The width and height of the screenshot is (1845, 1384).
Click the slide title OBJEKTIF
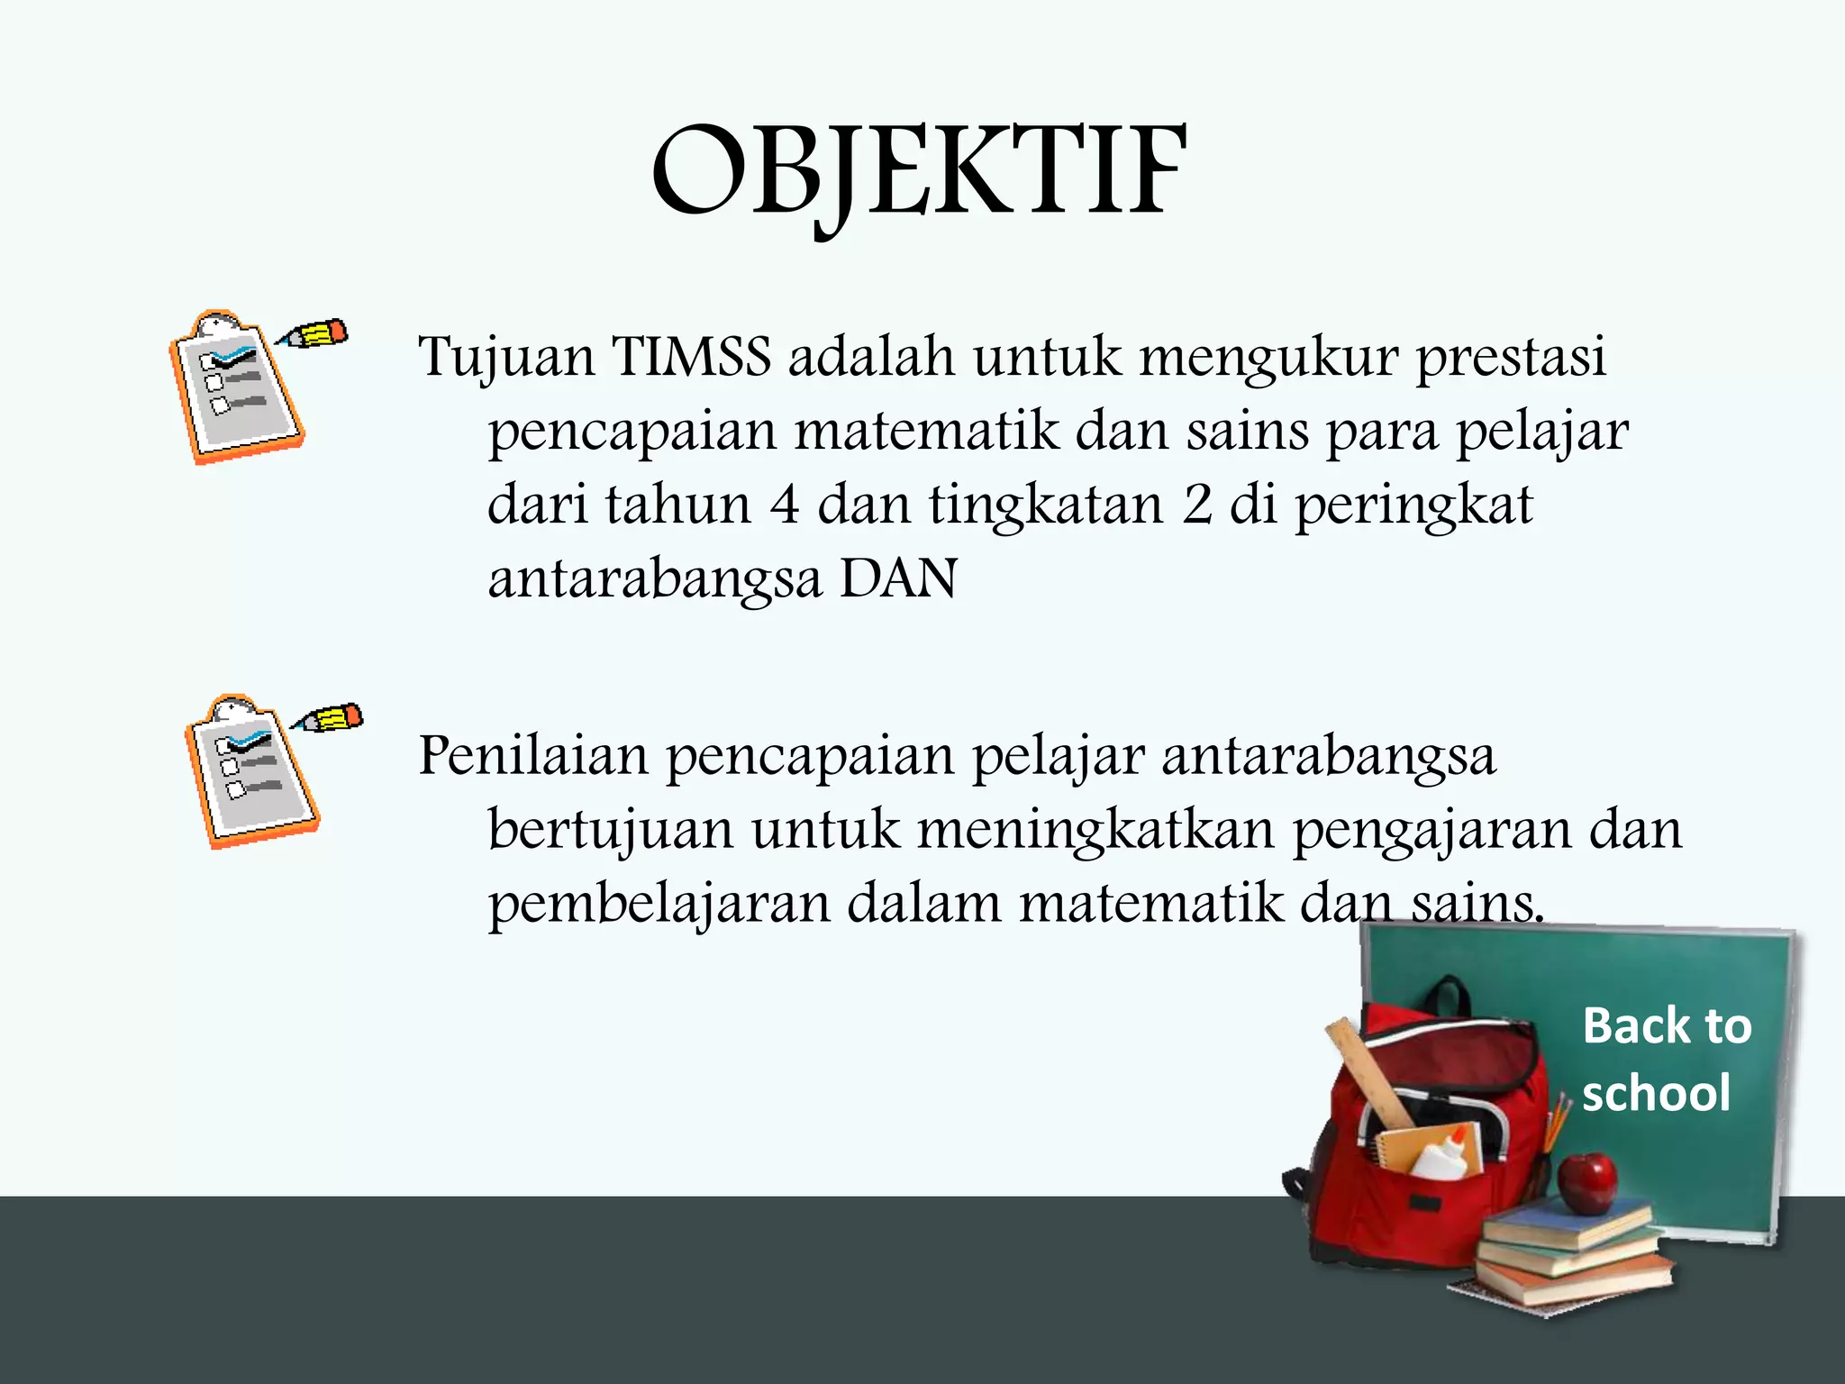pos(919,173)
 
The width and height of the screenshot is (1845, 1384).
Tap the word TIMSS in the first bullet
pos(692,356)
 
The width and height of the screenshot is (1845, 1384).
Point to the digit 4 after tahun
pos(784,505)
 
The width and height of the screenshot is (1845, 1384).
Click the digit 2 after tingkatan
pos(1196,505)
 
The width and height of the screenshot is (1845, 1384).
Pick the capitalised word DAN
pos(898,578)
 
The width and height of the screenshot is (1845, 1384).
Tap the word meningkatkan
pos(1095,830)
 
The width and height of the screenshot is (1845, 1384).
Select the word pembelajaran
pos(659,905)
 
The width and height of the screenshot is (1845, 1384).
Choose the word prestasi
pos(1511,358)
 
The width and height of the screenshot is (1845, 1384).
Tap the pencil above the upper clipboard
pos(314,335)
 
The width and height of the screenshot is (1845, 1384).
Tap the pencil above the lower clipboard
pos(330,719)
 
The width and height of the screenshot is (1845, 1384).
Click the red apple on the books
pos(1587,1181)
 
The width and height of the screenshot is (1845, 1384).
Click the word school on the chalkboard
pos(1656,1094)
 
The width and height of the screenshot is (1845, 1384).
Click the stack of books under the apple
pos(1572,1257)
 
